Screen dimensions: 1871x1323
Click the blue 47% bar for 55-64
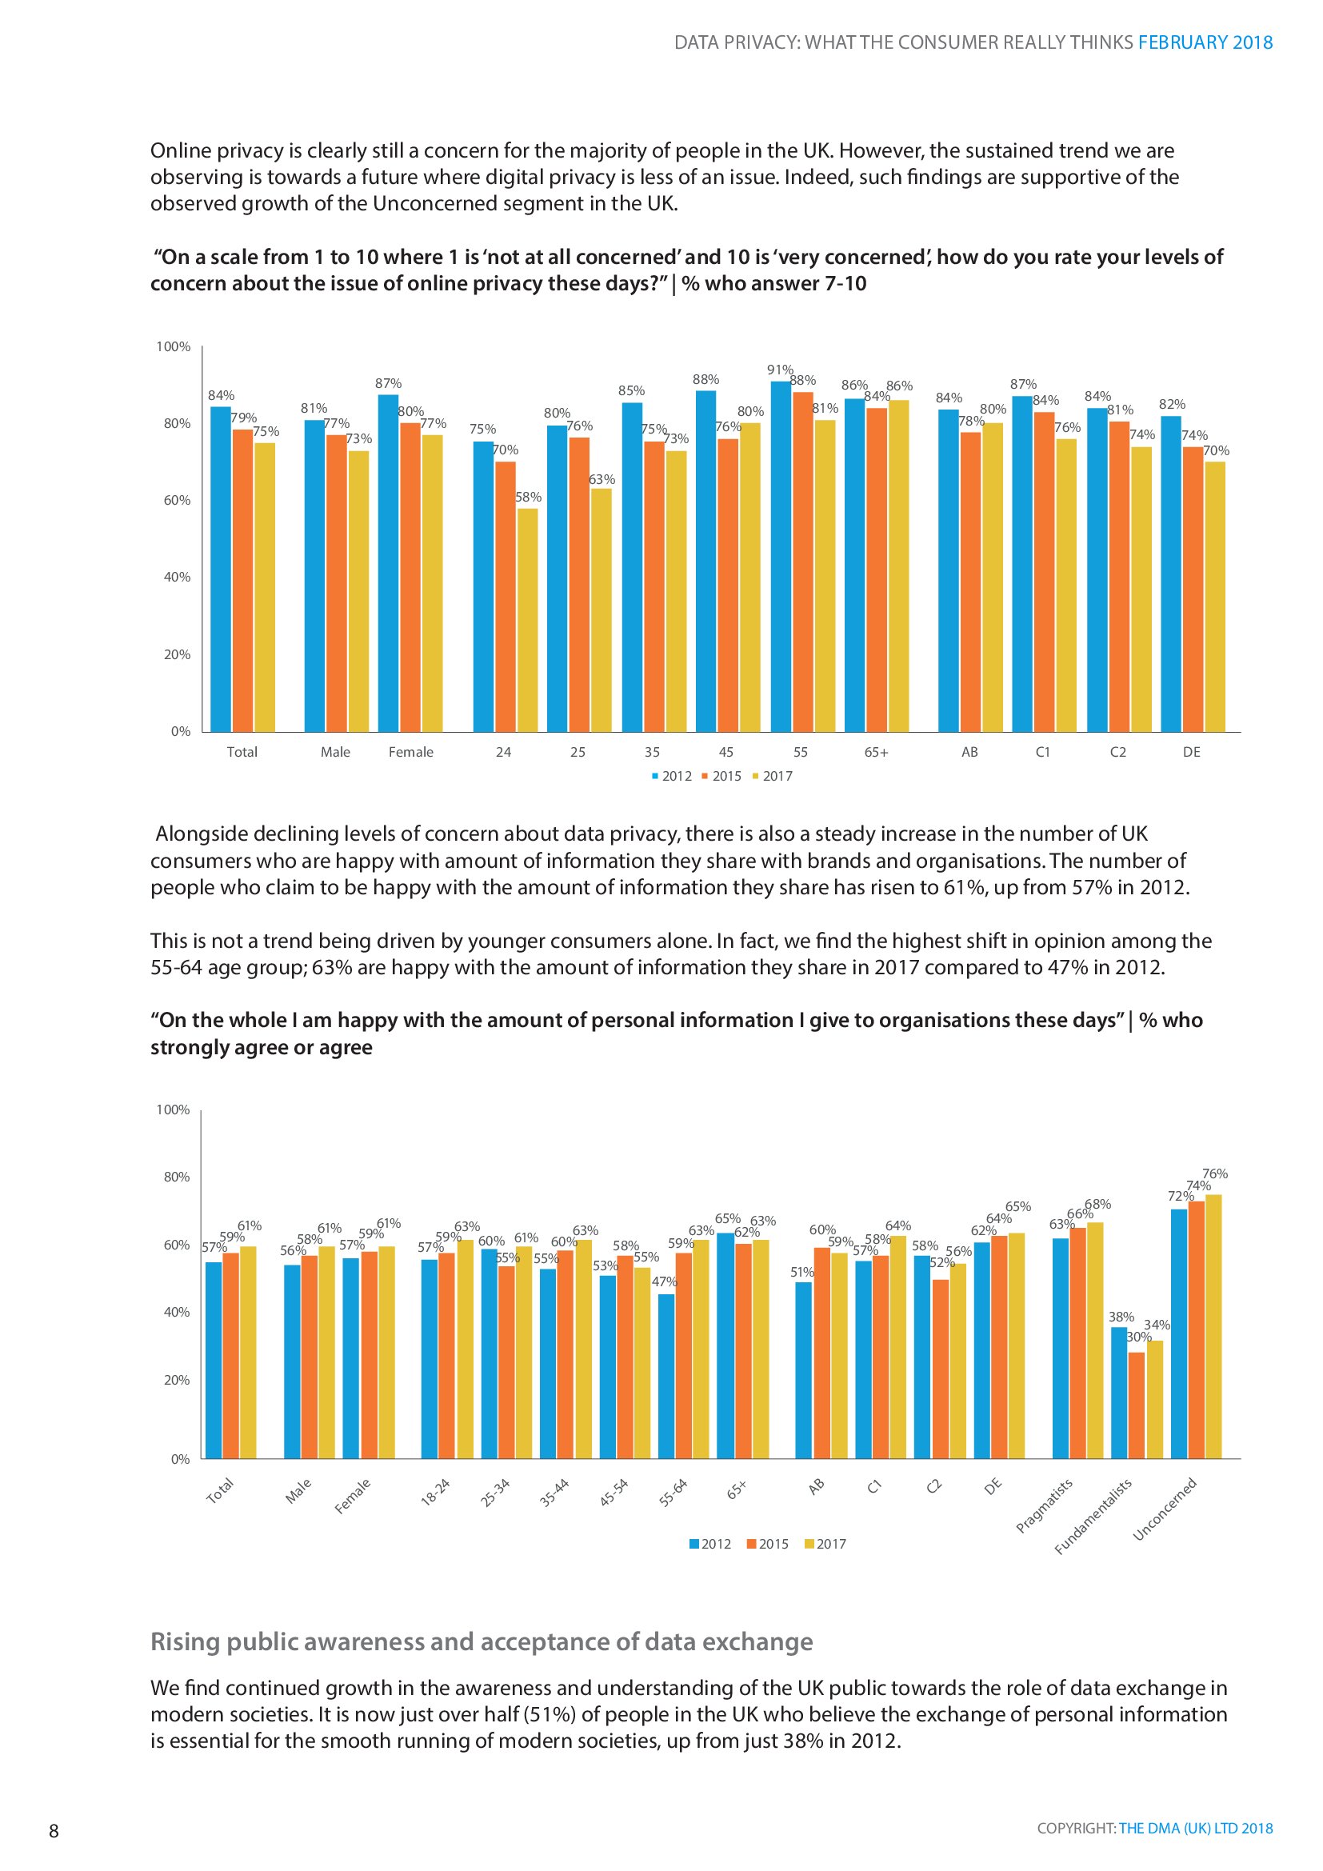tap(666, 1377)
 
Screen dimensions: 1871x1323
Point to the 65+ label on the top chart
tap(877, 752)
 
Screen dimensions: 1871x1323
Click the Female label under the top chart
tap(410, 752)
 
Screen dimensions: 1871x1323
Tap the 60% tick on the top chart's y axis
tap(177, 500)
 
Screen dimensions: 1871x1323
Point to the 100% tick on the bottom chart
tap(173, 1110)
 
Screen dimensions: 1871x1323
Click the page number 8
tap(54, 1831)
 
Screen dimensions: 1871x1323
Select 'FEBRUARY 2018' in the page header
tap(1205, 42)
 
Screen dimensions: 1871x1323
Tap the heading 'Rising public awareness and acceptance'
tap(482, 1641)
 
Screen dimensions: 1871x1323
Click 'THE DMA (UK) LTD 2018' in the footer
tap(1195, 1828)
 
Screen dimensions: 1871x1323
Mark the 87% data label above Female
tap(388, 383)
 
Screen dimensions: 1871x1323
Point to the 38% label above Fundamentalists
tap(1121, 1317)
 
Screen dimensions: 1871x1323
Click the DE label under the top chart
tap(1191, 752)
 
